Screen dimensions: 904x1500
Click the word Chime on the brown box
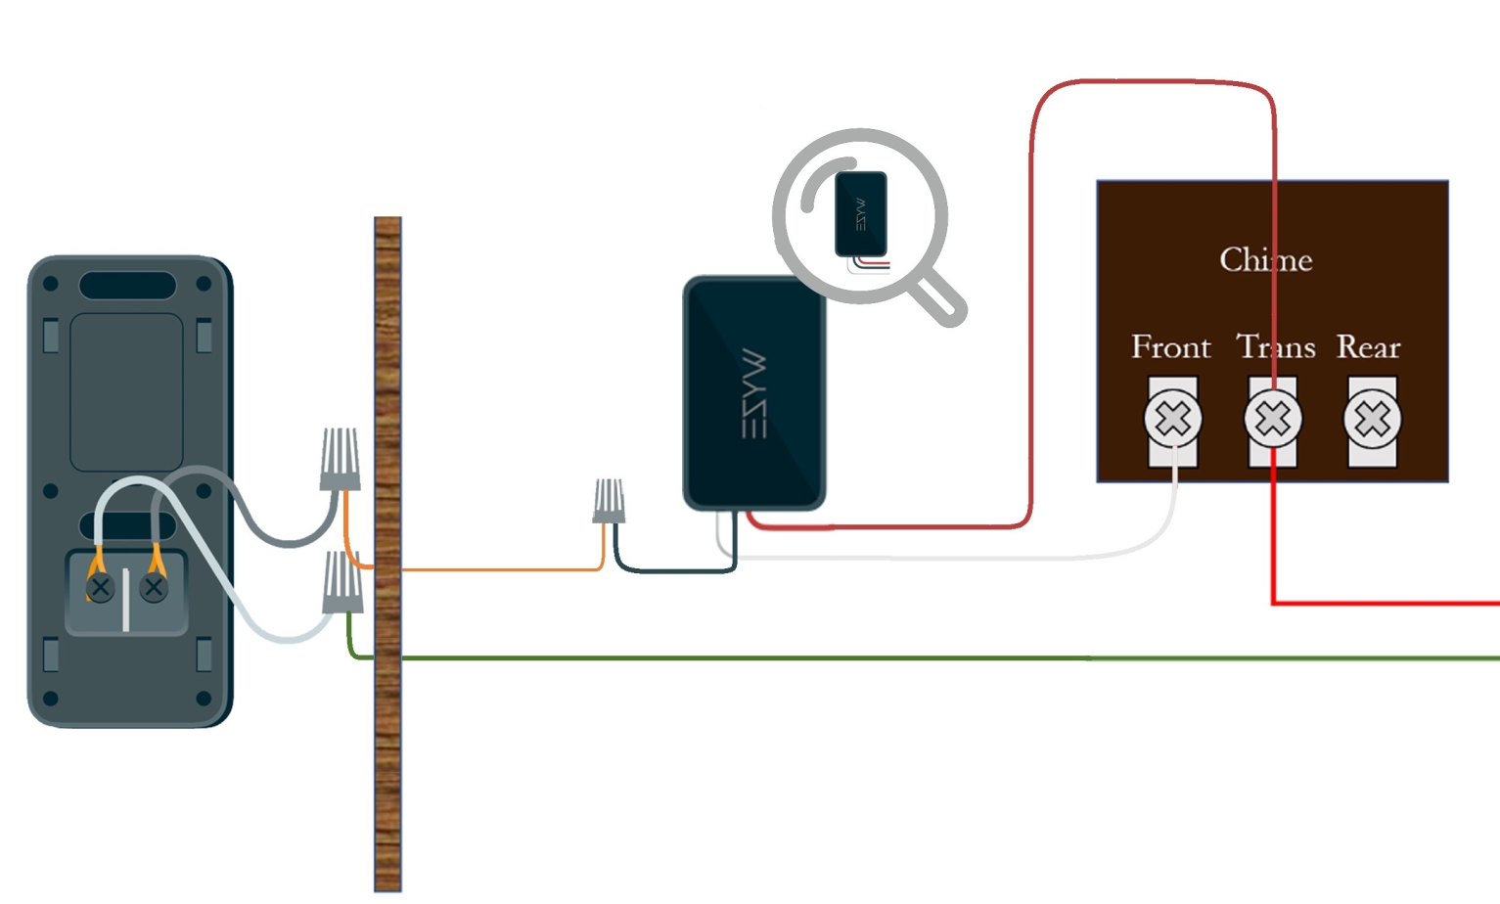1265,260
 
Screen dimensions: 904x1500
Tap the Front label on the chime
1170,347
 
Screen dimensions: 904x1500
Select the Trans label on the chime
1276,347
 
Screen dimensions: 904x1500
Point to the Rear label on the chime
1368,347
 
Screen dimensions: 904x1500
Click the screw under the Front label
1172,420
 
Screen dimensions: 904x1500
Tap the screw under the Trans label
1273,420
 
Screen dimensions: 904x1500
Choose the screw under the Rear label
1372,420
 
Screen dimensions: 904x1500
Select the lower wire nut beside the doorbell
342,582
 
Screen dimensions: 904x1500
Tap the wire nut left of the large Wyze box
609,500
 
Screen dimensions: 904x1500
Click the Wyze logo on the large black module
754,393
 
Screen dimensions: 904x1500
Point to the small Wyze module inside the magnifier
861,214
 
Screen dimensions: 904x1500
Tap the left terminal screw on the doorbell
100,588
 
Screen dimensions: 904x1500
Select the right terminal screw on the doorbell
154,587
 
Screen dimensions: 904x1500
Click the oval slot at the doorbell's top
127,286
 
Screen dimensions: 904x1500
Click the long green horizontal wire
881,658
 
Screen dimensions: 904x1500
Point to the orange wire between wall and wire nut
499,568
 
